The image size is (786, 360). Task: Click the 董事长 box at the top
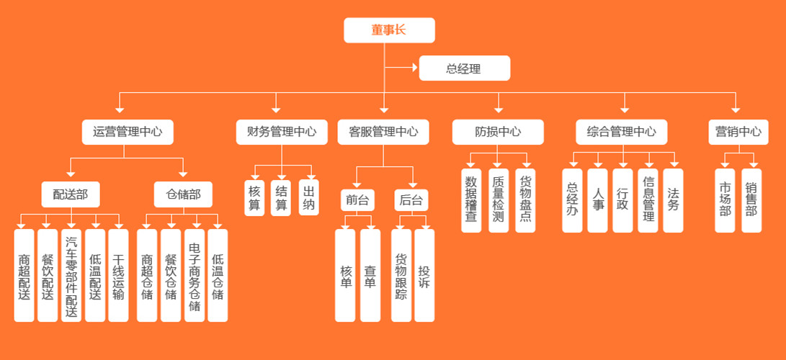(389, 30)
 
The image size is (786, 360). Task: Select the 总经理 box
(464, 68)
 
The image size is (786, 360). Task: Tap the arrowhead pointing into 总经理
(414, 68)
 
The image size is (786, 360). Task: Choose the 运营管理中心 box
(127, 132)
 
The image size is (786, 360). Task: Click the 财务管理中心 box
(281, 132)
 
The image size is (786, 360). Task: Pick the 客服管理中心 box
(383, 132)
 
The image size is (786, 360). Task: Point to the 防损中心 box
(498, 132)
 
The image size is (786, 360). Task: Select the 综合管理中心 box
(621, 132)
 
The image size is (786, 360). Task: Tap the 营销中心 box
(738, 132)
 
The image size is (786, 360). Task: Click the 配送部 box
(70, 194)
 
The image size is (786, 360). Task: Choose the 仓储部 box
(183, 194)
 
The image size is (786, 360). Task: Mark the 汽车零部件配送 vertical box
(71, 276)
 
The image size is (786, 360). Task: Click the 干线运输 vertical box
(118, 276)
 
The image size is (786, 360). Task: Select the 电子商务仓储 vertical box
(194, 276)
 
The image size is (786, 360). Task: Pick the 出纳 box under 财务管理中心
(308, 197)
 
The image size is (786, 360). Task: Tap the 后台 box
(411, 200)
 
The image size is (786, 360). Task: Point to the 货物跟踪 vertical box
(401, 276)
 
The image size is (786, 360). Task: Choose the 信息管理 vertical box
(648, 201)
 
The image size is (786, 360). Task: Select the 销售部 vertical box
(751, 201)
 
